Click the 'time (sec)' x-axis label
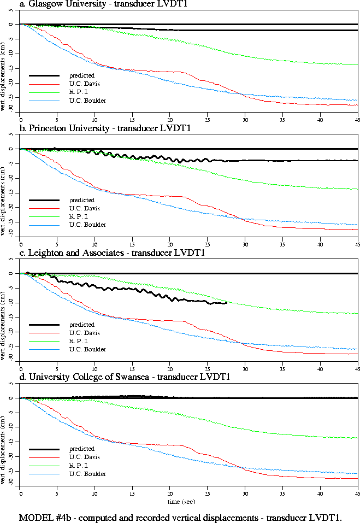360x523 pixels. (181, 500)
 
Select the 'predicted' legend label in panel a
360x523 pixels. (81, 75)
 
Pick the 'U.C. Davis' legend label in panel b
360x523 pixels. (85, 208)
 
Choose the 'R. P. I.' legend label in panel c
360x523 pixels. (79, 341)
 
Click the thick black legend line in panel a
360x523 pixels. (44, 75)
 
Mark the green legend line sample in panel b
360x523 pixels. (44, 217)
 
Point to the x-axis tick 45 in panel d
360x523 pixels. (358, 493)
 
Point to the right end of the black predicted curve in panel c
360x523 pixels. (226, 303)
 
